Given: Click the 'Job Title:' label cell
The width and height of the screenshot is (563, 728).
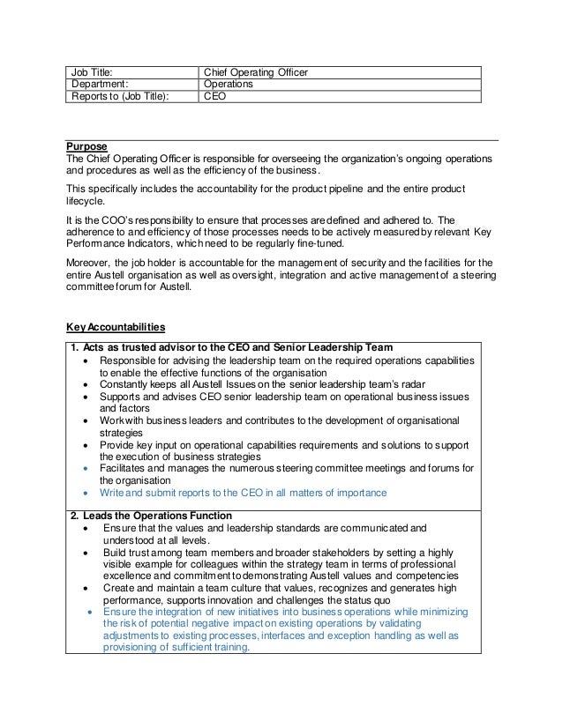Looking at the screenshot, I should click(x=92, y=72).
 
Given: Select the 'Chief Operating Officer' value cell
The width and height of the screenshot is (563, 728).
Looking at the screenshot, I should click(x=256, y=72).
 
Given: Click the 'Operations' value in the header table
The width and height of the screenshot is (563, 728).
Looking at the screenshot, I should click(x=229, y=85).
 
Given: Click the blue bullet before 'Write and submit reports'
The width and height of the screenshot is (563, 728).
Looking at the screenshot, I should click(x=84, y=493).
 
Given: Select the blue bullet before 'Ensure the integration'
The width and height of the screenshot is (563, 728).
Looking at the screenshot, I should click(x=90, y=610).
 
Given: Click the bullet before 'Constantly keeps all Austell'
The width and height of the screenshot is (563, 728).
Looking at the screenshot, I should click(x=84, y=384).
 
